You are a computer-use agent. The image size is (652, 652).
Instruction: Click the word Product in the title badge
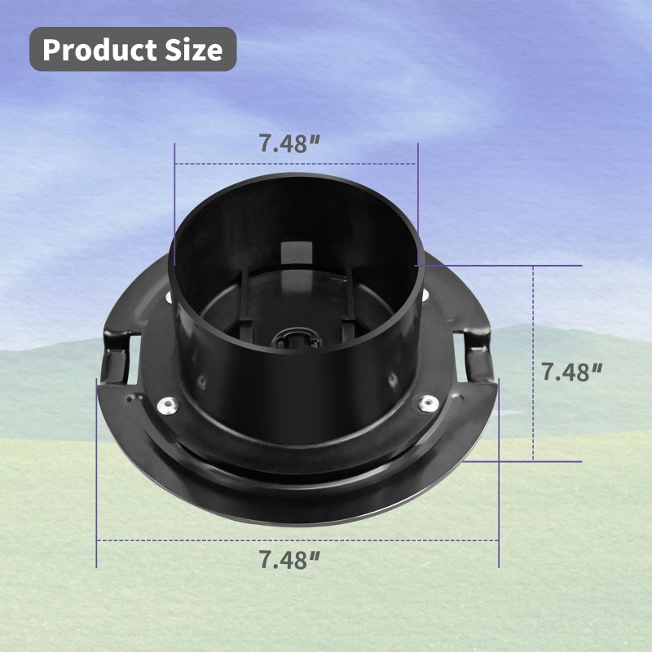pyautogui.click(x=99, y=50)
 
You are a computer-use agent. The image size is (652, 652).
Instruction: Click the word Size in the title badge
pyautogui.click(x=194, y=50)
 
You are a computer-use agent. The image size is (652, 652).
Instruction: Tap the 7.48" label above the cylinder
pyautogui.click(x=289, y=143)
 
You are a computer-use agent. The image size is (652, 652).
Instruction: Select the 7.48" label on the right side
pyautogui.click(x=571, y=372)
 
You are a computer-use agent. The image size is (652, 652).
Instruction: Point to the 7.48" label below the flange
pyautogui.click(x=289, y=559)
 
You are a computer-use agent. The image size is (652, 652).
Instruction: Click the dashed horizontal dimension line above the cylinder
pyautogui.click(x=296, y=164)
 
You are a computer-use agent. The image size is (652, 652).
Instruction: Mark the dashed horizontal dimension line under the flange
pyautogui.click(x=297, y=540)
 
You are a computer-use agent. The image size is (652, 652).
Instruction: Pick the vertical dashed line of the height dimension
pyautogui.click(x=534, y=363)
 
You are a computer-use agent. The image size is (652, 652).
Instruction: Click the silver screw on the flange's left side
pyautogui.click(x=168, y=404)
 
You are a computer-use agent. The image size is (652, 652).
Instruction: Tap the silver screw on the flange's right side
pyautogui.click(x=427, y=403)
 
